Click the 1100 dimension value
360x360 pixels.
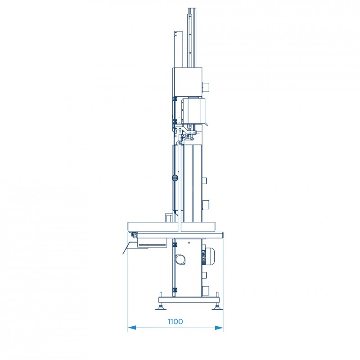[x=175, y=321]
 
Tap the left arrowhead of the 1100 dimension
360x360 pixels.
[x=132, y=328]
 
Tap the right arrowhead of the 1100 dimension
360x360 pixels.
[x=219, y=328]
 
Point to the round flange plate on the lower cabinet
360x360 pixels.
[x=180, y=260]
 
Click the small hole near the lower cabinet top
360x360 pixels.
[x=189, y=243]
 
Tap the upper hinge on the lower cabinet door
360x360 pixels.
[x=175, y=245]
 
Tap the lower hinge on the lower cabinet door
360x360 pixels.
[x=175, y=290]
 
